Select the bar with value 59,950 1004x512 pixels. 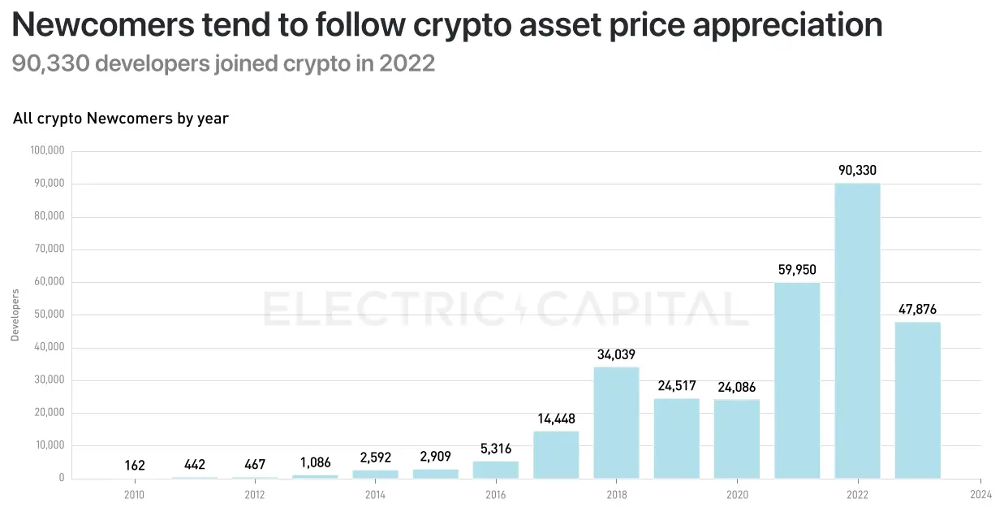tap(797, 380)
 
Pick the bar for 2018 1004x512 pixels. tap(616, 423)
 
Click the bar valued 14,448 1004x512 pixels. tap(556, 454)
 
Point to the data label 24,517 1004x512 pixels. tap(676, 387)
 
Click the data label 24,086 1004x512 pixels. tap(736, 388)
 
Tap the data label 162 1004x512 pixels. tap(135, 466)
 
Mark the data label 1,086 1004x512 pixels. tap(315, 463)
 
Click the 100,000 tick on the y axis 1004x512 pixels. tap(46, 151)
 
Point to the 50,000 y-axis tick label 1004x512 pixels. tap(49, 315)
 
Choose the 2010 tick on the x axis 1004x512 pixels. tap(135, 494)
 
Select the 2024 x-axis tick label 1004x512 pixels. tap(980, 494)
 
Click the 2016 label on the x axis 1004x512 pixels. tap(496, 494)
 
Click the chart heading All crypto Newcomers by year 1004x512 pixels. tap(121, 119)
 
